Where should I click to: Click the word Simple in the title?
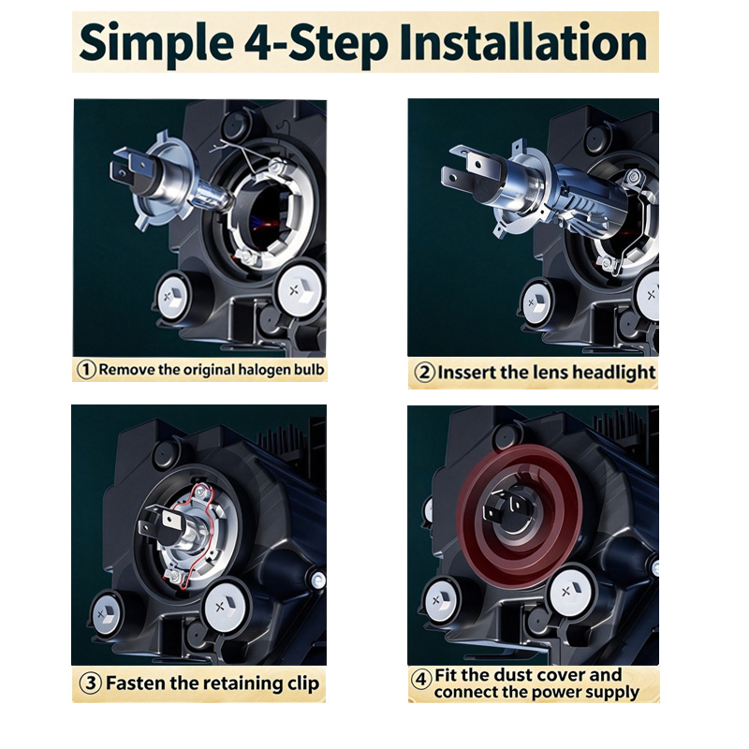coord(156,43)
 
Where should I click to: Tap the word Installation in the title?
coord(523,42)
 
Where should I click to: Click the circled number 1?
coord(86,370)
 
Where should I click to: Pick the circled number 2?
coord(424,373)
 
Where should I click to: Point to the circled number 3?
coord(90,683)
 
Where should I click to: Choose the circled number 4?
coord(420,680)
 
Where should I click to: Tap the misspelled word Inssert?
coord(466,373)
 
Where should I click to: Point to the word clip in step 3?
coord(302,684)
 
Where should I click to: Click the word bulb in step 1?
coord(310,370)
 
